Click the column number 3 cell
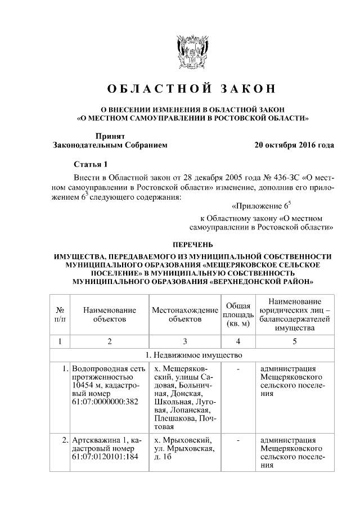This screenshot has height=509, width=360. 185,341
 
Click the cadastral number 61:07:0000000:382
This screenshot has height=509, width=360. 105,403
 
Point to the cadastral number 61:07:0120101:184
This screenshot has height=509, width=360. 105,457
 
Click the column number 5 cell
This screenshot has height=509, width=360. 295,341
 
